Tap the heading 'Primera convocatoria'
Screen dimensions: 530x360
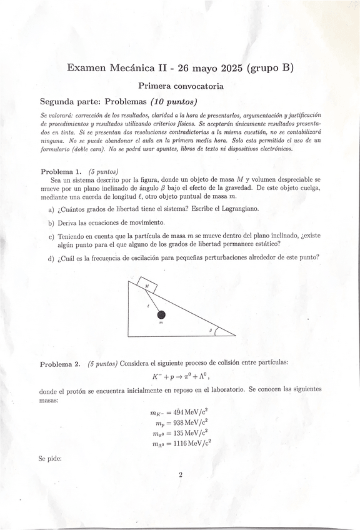tap(181, 86)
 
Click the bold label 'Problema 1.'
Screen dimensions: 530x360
tap(61, 171)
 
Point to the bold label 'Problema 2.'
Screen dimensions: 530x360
tap(61, 364)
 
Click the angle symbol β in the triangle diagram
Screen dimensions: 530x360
tap(211, 329)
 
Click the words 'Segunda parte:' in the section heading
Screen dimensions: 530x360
tap(70, 102)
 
